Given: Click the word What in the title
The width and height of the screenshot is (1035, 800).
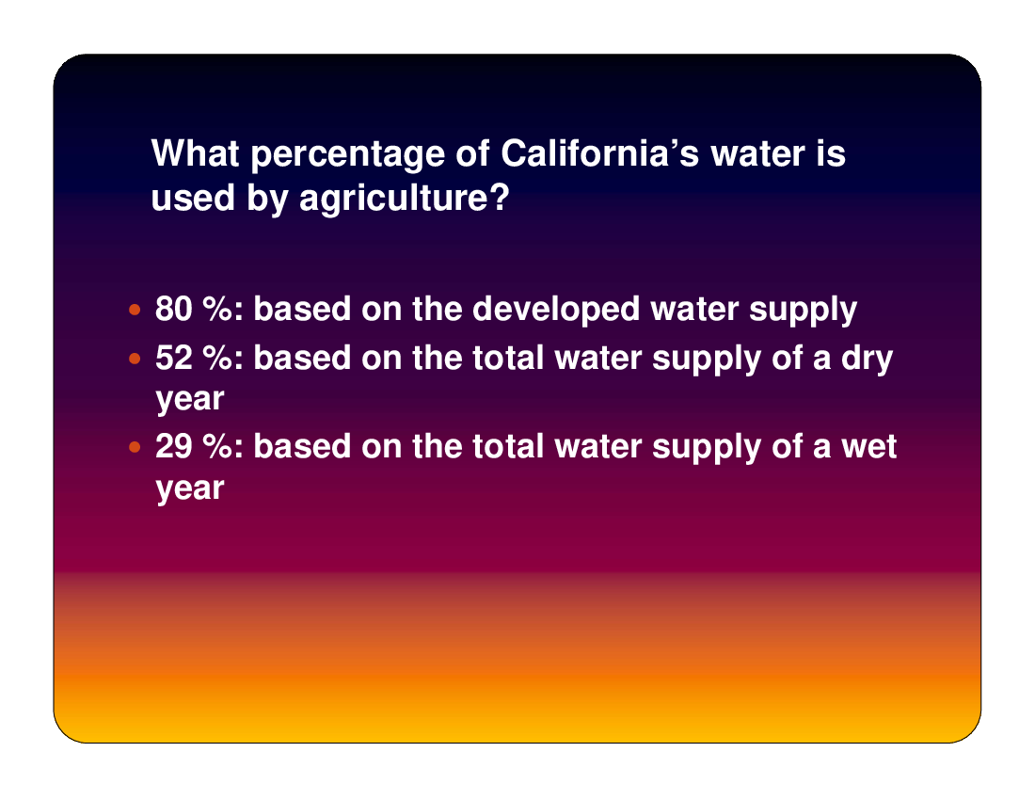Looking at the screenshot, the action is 195,153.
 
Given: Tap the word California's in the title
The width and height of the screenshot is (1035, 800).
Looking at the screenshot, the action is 599,153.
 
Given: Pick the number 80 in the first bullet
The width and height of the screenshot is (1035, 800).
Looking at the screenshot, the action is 174,309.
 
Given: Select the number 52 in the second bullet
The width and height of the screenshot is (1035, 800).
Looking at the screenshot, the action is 174,358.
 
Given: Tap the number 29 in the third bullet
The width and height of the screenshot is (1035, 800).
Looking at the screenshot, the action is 174,446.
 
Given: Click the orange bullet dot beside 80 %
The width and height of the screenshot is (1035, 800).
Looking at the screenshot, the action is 135,309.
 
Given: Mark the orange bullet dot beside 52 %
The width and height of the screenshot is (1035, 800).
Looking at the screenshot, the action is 135,359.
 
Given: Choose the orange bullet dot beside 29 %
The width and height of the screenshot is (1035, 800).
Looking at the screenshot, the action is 135,447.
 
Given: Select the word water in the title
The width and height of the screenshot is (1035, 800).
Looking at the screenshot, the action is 757,154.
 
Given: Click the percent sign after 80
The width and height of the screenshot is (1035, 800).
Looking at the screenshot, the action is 217,309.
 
